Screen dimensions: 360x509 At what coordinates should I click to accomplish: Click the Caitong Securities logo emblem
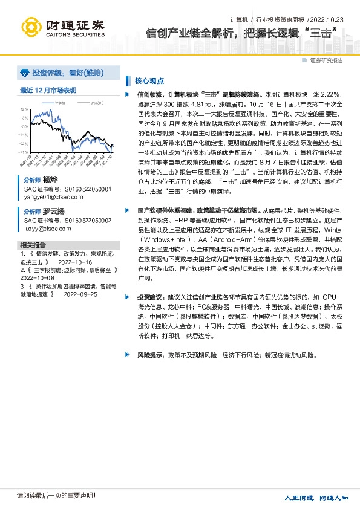tap(31, 26)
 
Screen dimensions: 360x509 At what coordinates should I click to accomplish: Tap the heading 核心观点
tap(149, 80)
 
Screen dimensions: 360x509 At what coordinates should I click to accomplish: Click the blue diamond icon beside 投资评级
tap(25, 73)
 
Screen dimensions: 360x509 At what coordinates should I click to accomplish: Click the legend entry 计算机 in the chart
tap(60, 103)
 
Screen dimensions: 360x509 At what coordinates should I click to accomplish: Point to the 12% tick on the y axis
tap(24, 109)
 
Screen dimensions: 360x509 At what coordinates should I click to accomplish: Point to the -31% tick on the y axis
tap(24, 152)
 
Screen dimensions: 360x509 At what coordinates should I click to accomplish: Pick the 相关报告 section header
tap(33, 245)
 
